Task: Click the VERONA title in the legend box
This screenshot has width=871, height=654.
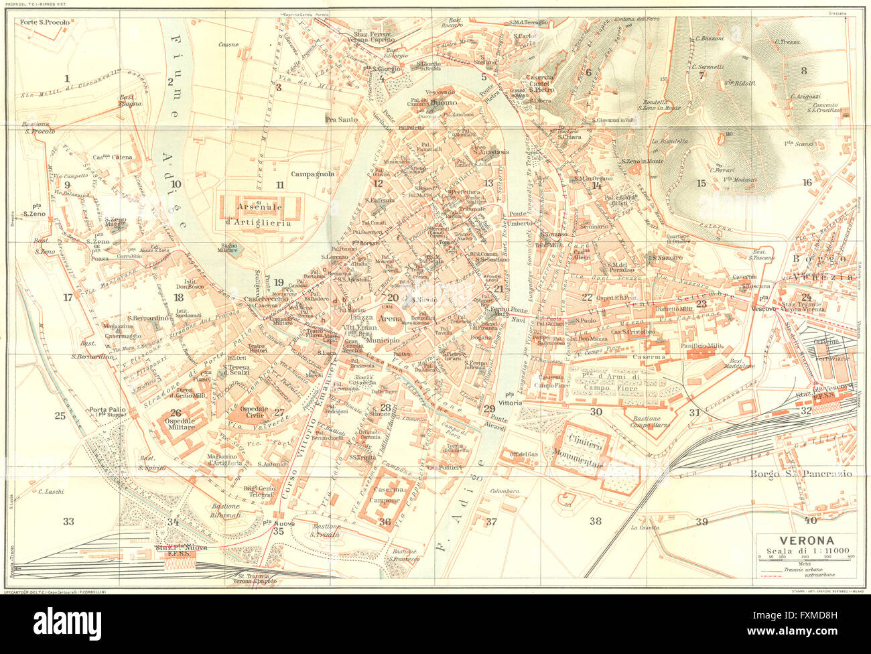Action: pos(805,541)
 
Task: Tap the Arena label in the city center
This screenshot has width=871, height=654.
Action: pos(390,320)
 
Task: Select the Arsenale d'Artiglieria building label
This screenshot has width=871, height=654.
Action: pos(258,215)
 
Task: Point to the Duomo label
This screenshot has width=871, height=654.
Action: pos(443,103)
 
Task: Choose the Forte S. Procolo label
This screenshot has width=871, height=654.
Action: pos(45,23)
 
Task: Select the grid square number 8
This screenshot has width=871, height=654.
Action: pos(803,70)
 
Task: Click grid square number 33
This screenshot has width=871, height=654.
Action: pos(68,521)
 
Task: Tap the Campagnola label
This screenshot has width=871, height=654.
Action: pos(312,174)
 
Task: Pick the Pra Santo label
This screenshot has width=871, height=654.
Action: pos(341,119)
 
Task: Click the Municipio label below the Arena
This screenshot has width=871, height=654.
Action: pos(383,340)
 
